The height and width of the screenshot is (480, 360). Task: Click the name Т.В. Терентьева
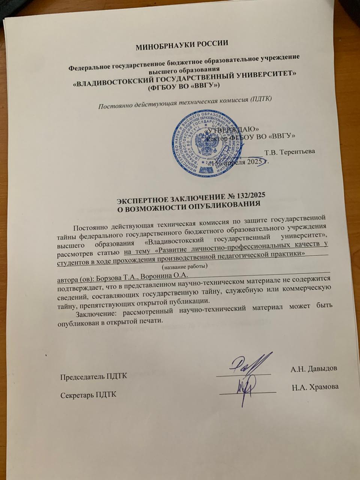pos(289,152)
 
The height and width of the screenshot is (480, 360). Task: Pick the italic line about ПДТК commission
pos(184,102)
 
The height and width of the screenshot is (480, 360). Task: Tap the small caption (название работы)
pos(184,267)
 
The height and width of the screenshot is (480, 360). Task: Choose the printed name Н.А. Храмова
pos(315,387)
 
